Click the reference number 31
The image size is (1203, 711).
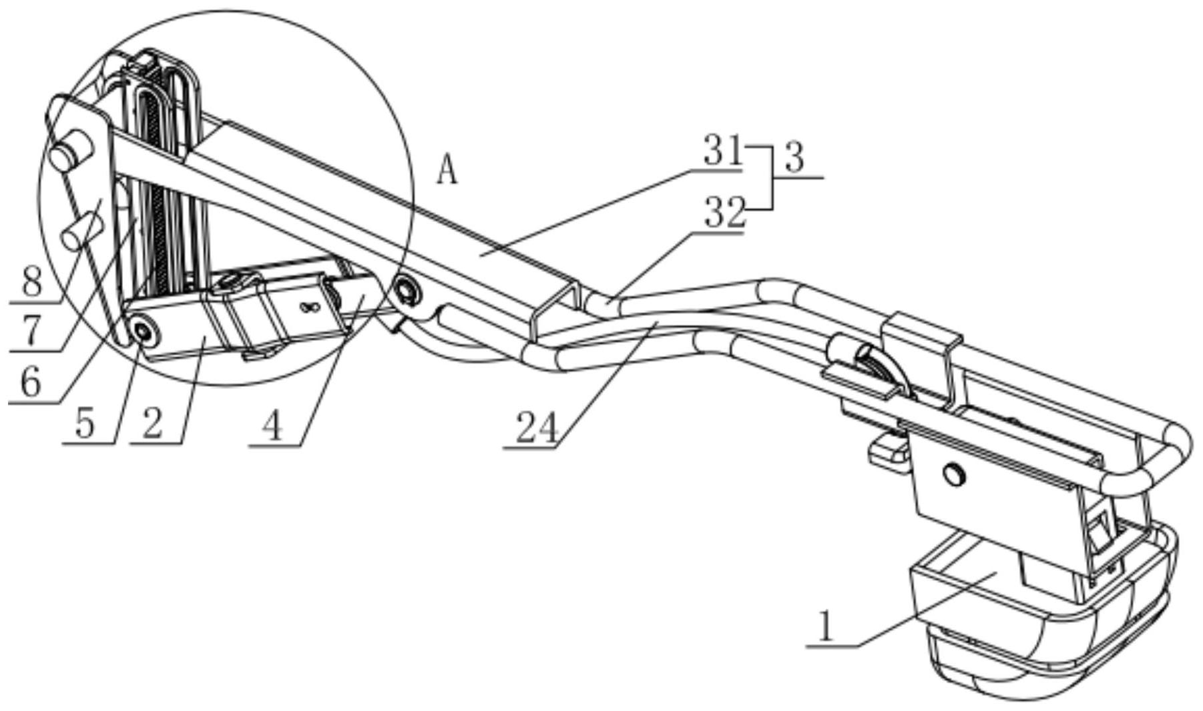point(722,153)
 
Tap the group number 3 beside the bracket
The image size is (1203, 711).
point(794,159)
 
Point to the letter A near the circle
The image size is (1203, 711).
point(448,171)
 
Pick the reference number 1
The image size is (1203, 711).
point(826,628)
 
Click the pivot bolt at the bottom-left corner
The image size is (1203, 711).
point(142,331)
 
